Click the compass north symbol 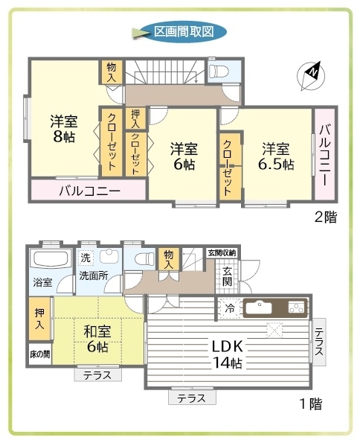click(311, 75)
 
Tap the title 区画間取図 click(184, 31)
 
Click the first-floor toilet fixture click(144, 258)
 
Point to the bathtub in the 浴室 click(51, 258)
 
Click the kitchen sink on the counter click(259, 307)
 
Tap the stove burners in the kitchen click(296, 307)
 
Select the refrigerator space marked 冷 click(229, 308)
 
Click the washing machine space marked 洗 click(86, 258)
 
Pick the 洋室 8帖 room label click(64, 129)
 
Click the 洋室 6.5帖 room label click(276, 156)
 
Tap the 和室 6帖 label click(97, 339)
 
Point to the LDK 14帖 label click(228, 354)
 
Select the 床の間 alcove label click(40, 354)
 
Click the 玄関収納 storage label click(222, 252)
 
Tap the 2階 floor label click(326, 217)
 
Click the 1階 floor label click(311, 404)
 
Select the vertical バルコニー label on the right click(324, 155)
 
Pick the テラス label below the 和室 click(97, 375)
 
